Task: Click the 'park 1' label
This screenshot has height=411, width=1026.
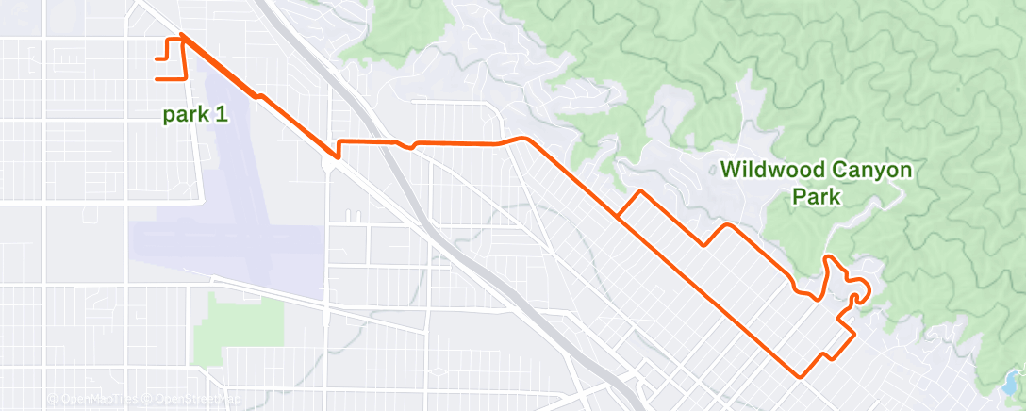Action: [195, 114]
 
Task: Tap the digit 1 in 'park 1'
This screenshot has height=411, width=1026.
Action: [222, 114]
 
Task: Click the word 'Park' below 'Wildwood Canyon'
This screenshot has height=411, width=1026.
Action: [816, 199]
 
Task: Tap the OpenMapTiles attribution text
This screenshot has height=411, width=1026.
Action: [93, 400]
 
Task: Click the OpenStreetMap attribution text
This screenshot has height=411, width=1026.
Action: [190, 400]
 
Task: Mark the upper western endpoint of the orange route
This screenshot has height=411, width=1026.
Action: [156, 58]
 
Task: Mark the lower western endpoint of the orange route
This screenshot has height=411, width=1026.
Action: [157, 78]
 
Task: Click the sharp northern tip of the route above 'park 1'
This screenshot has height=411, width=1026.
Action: [180, 36]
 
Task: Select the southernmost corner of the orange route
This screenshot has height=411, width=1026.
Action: [801, 376]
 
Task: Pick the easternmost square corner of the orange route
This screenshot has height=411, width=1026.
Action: [854, 333]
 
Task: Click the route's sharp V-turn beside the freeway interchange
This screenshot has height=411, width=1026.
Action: [337, 156]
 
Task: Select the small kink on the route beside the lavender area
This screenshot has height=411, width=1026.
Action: [256, 94]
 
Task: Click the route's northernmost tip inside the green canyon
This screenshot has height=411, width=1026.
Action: [827, 256]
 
